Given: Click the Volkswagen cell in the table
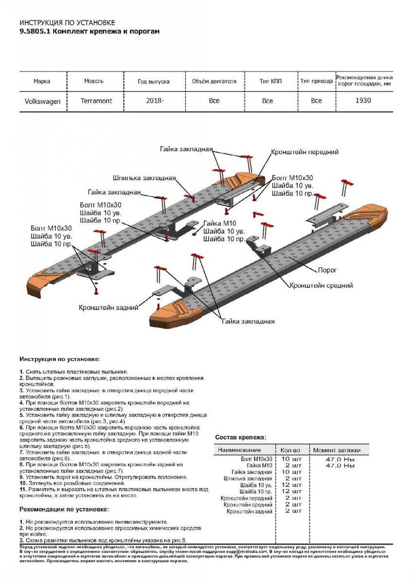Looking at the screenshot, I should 42,101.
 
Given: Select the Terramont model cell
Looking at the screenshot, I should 96,101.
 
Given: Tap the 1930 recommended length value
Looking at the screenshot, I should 363,101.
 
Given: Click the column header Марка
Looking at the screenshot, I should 42,81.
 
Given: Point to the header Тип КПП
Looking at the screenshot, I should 270,81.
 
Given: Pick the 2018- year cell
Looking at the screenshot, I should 155,101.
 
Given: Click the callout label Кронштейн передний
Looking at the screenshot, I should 305,152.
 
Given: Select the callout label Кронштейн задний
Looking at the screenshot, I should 109,308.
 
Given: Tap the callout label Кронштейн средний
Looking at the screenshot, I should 321,286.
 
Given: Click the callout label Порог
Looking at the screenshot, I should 327,270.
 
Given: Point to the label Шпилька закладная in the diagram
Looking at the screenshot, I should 144,178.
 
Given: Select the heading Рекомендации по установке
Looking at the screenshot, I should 64,509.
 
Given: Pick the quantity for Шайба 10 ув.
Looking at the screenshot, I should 292,485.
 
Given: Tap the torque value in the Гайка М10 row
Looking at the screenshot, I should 340,465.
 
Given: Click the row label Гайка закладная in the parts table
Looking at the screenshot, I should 251,472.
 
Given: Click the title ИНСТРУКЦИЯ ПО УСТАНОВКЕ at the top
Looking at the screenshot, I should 67,23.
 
